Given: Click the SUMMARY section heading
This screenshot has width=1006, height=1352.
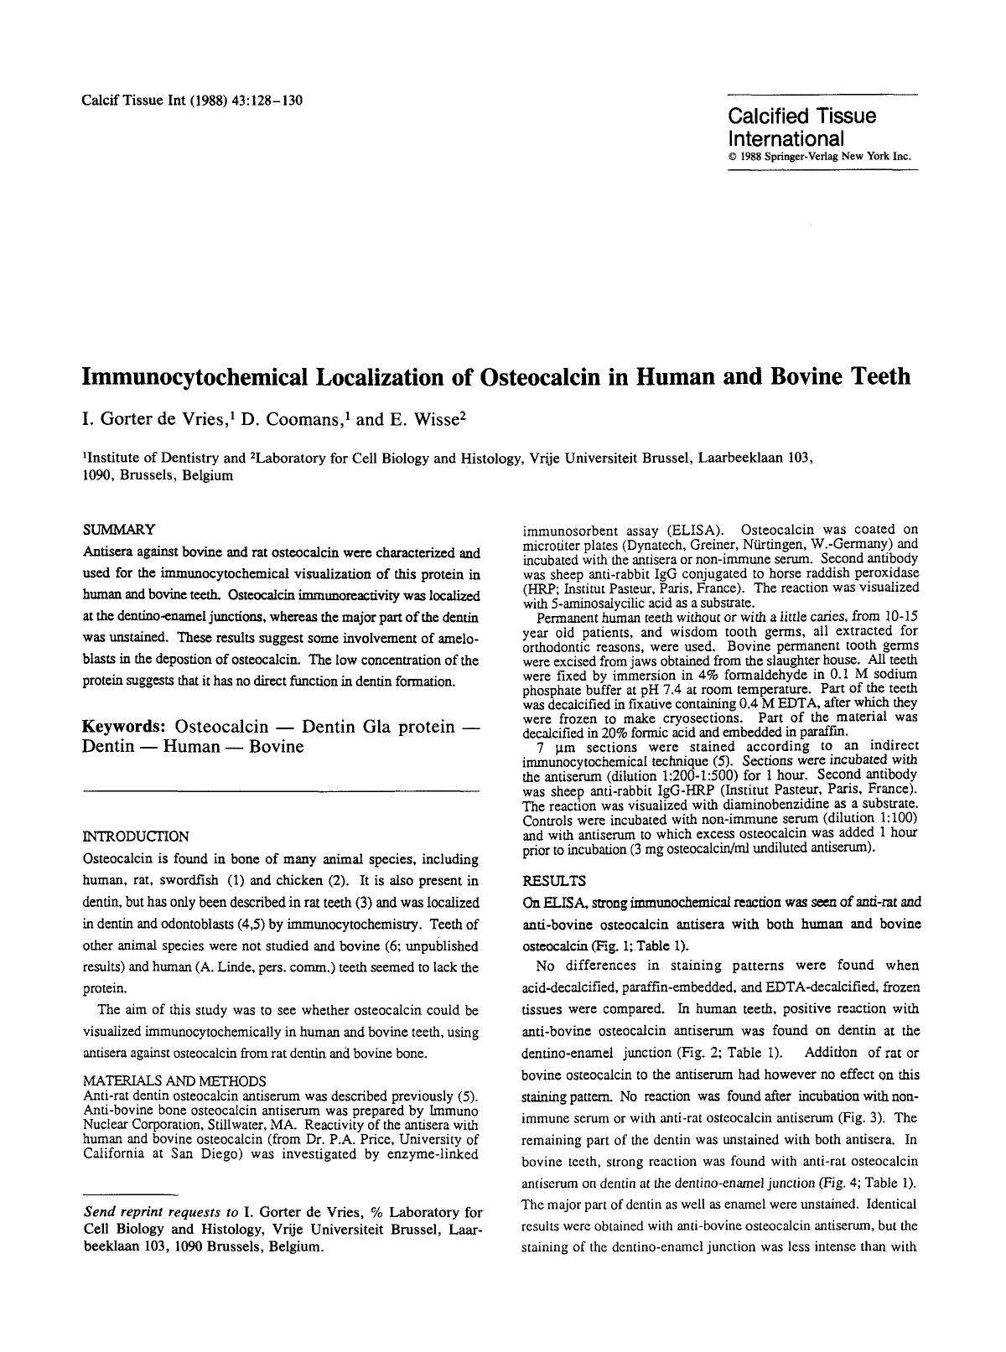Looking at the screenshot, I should click(119, 529).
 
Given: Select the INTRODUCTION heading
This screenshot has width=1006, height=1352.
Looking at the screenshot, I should click(136, 836).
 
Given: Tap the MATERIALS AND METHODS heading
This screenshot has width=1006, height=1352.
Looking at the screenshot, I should click(174, 1080).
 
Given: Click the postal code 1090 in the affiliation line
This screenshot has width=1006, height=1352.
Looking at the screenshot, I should click(96, 475).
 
